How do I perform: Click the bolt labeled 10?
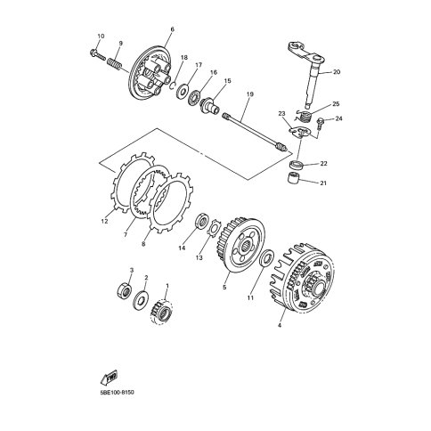pos(97,54)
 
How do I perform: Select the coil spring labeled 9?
pos(114,64)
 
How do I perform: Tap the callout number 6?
pos(172,29)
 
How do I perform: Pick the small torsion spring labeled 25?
pos(303,116)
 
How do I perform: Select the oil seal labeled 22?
pos(297,165)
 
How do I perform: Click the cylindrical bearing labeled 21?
pos(293,179)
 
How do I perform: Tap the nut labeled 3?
pos(125,290)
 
